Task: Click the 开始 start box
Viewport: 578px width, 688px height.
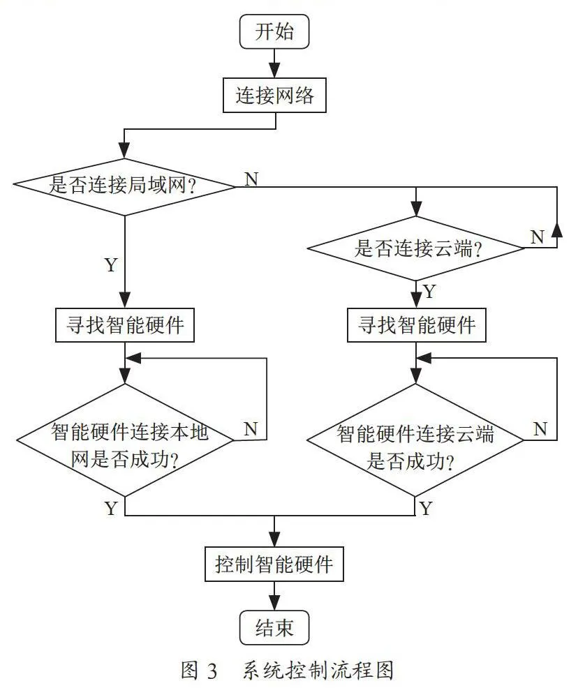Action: (x=274, y=31)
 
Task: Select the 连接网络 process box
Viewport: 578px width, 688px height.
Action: (x=274, y=95)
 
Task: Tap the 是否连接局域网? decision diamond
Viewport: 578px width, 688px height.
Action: (x=125, y=187)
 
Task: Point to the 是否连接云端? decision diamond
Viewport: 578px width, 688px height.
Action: (x=416, y=248)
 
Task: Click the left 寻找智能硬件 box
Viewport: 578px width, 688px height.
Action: (x=125, y=325)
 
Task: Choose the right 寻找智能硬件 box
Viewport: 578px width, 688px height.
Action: (x=417, y=325)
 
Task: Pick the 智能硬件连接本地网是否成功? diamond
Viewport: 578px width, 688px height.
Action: (x=125, y=440)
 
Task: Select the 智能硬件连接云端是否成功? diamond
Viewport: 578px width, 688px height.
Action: (x=415, y=440)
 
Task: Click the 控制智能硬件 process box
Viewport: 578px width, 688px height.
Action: (x=274, y=564)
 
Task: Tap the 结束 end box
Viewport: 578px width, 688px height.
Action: (x=274, y=628)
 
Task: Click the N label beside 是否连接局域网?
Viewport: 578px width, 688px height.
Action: (x=251, y=179)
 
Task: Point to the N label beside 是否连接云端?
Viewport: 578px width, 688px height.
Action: (x=538, y=237)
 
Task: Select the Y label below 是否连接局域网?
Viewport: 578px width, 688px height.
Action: (x=112, y=264)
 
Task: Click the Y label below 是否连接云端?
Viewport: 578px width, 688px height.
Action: (x=429, y=292)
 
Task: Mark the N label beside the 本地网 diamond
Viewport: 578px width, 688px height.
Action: (x=251, y=428)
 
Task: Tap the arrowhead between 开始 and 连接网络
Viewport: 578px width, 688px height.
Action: (x=274, y=70)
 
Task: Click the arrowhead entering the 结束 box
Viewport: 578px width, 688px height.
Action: (x=274, y=602)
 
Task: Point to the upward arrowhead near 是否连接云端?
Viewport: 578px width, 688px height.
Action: (x=557, y=230)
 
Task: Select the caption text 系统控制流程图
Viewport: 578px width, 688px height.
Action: (x=318, y=671)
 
